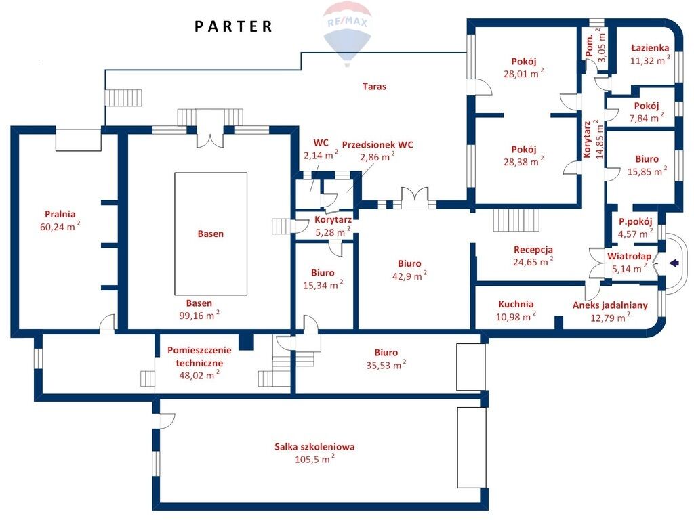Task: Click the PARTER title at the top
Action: pyautogui.click(x=234, y=26)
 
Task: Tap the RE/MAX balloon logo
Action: pyautogui.click(x=346, y=34)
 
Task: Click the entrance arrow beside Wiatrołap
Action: pyautogui.click(x=674, y=263)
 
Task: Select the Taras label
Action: pyautogui.click(x=374, y=87)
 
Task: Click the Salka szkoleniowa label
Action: pyautogui.click(x=314, y=447)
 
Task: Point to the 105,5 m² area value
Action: pyautogui.click(x=314, y=459)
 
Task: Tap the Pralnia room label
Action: pyautogui.click(x=60, y=215)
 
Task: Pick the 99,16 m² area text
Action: pyautogui.click(x=199, y=316)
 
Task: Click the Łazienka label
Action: pyautogui.click(x=650, y=48)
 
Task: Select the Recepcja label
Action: pyautogui.click(x=533, y=250)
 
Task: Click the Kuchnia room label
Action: pyautogui.click(x=516, y=304)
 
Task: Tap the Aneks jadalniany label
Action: pyautogui.click(x=610, y=305)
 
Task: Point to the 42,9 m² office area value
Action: pyautogui.click(x=409, y=276)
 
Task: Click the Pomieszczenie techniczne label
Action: pyautogui.click(x=199, y=357)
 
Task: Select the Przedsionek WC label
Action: pyautogui.click(x=377, y=145)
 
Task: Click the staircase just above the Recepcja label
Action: pyautogui.click(x=516, y=220)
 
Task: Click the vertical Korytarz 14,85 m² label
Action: pyautogui.click(x=592, y=139)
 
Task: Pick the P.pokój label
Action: pyautogui.click(x=636, y=221)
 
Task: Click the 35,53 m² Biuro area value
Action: pyautogui.click(x=386, y=365)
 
